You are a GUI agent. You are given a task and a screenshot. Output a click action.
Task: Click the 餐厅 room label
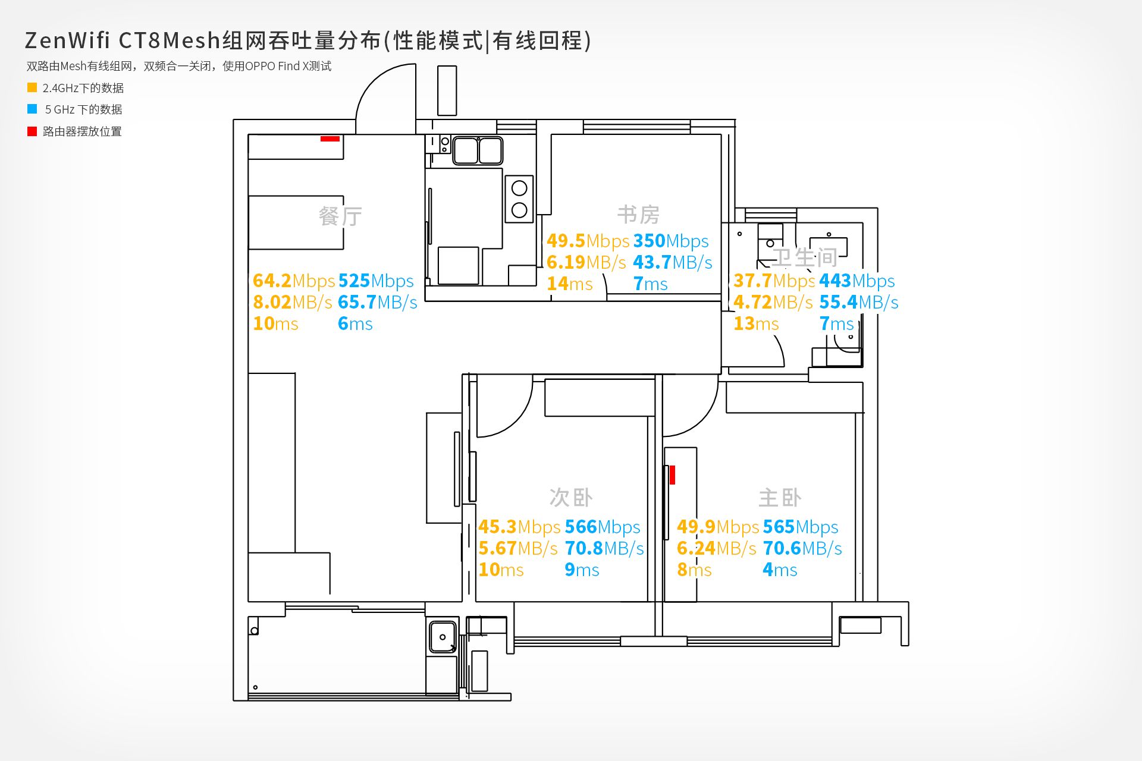(340, 216)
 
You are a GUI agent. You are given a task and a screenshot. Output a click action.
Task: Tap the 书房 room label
(638, 214)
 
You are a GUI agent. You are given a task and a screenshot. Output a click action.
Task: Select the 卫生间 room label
(805, 257)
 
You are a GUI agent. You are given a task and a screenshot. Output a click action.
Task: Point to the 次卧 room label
(571, 497)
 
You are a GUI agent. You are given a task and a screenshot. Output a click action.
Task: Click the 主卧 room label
(780, 497)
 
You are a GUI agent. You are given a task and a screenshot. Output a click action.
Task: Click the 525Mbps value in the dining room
(376, 281)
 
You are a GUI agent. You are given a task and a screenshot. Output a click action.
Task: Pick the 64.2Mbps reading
(294, 281)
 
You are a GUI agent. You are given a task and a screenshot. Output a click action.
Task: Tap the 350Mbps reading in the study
(671, 241)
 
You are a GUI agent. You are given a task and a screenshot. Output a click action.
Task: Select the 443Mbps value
(857, 281)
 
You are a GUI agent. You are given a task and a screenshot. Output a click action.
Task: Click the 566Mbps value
(603, 527)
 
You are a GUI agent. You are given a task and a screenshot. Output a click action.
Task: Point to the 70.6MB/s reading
(802, 548)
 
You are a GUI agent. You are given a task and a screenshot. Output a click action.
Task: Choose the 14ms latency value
(570, 284)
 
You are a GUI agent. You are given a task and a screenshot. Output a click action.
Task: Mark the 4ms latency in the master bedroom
(780, 570)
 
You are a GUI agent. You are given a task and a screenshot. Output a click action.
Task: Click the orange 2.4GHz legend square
(32, 87)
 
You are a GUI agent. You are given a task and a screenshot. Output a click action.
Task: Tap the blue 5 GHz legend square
(32, 109)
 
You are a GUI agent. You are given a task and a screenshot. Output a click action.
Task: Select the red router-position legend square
(32, 131)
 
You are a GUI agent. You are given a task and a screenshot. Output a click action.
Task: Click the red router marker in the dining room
(330, 139)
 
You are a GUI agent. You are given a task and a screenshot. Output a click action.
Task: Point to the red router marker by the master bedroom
(672, 475)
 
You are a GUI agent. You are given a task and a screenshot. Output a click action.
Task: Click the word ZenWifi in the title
(67, 40)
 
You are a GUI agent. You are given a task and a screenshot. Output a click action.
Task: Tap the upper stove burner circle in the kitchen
(519, 188)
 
